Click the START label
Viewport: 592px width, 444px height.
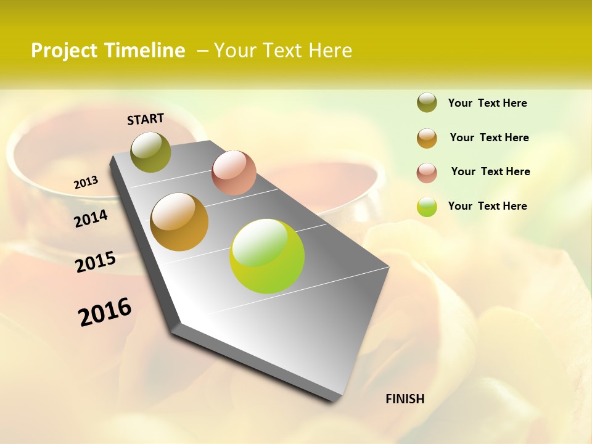146,119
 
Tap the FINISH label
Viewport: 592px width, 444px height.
405,399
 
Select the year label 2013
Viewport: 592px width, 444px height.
86,183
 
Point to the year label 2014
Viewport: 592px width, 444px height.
91,218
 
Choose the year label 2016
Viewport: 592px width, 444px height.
105,311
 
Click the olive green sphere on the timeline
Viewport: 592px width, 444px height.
151,152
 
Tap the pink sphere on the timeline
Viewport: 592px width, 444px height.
234,173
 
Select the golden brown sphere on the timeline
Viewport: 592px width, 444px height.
179,222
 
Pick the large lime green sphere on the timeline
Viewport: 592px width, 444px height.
267,256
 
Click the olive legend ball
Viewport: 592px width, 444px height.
427,103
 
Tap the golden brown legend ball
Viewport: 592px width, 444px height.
427,138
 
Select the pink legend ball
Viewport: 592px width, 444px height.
427,172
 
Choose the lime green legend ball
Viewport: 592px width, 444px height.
427,207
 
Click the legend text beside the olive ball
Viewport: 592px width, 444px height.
487,103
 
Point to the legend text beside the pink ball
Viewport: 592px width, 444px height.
490,171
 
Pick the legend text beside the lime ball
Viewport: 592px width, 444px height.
487,206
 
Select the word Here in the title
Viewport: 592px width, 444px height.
330,51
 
